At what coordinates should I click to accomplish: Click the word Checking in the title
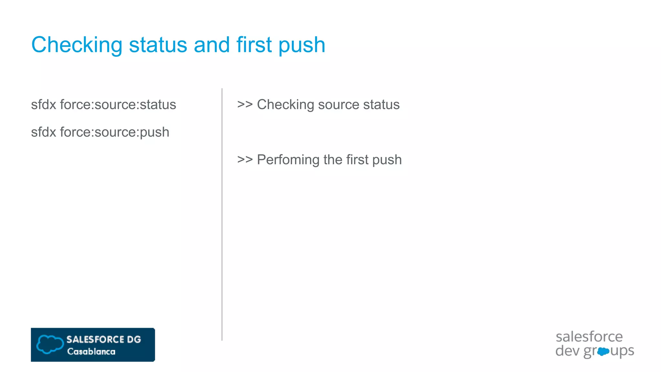click(x=77, y=45)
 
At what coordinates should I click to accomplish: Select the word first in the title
click(x=254, y=45)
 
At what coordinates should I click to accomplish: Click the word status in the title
click(x=158, y=45)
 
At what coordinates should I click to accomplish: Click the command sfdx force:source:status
click(x=103, y=105)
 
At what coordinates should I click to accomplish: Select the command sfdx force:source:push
click(x=100, y=132)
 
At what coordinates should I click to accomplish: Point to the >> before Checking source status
click(x=245, y=105)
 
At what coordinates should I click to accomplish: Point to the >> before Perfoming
click(x=245, y=160)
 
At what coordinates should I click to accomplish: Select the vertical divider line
click(x=222, y=213)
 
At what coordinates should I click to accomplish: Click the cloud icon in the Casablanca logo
click(x=50, y=344)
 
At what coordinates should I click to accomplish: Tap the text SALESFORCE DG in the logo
click(x=104, y=339)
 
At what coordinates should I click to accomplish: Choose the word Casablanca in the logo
click(x=91, y=352)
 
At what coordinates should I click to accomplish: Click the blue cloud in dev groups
click(x=603, y=351)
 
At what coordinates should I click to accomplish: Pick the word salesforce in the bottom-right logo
click(x=589, y=337)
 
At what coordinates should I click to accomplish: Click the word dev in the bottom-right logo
click(x=567, y=351)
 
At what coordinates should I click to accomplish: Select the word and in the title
click(x=212, y=45)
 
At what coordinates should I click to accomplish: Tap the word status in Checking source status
click(x=381, y=105)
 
